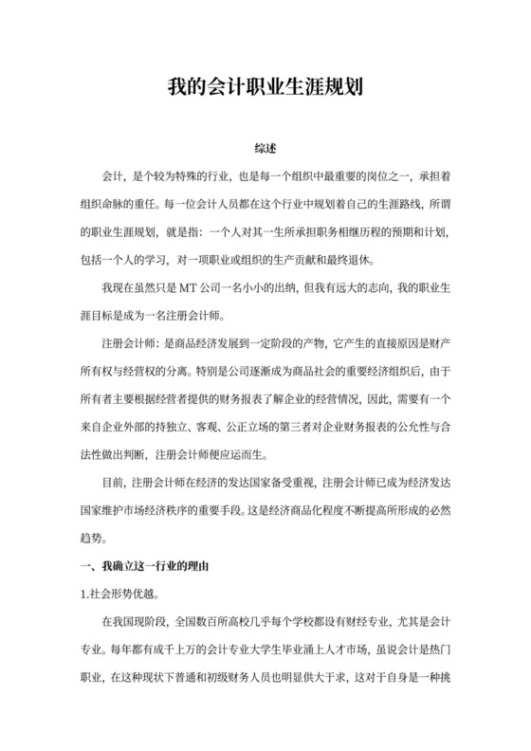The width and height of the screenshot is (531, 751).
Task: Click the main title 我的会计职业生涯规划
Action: tap(265, 90)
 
